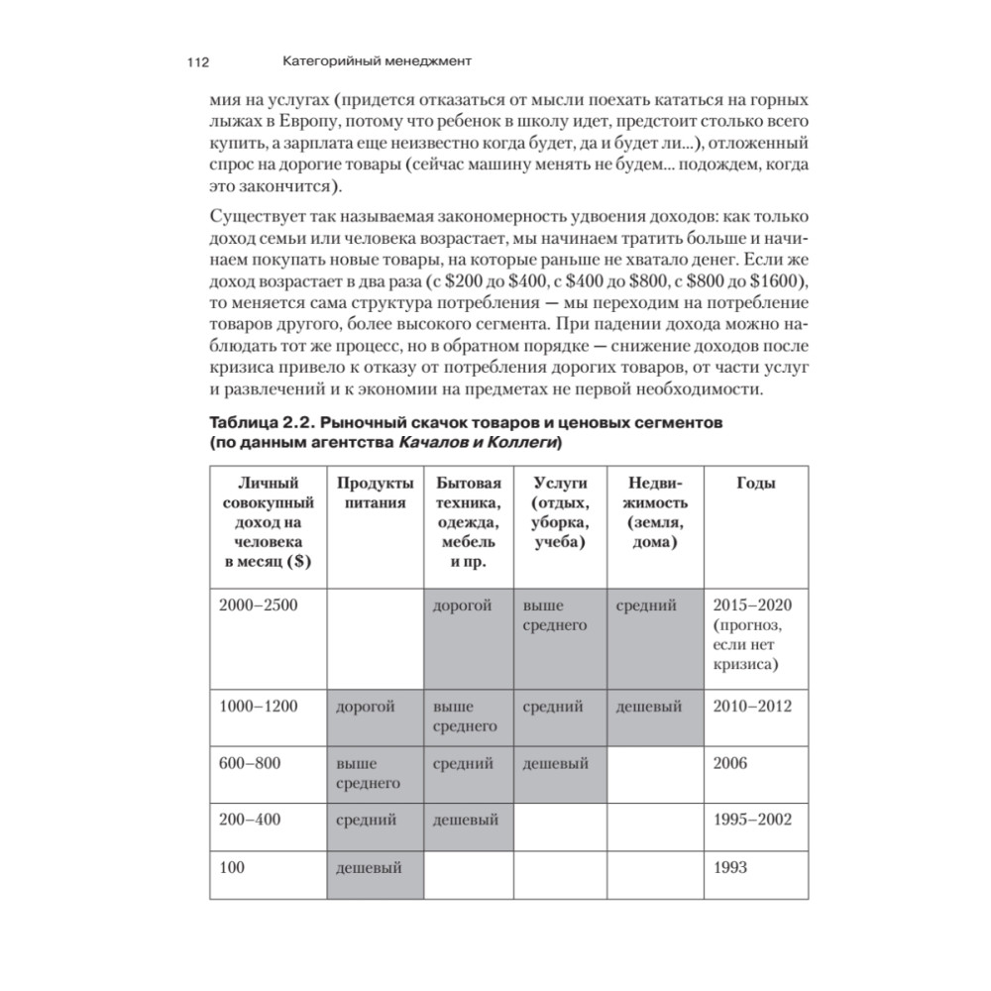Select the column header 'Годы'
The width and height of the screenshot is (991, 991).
click(755, 483)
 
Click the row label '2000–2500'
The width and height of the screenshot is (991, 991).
click(258, 606)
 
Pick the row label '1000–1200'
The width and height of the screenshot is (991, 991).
click(258, 707)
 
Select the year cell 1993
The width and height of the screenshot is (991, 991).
click(731, 868)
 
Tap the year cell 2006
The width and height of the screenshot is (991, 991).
click(731, 763)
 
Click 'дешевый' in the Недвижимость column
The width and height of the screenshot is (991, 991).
click(649, 707)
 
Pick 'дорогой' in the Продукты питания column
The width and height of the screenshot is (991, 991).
click(366, 707)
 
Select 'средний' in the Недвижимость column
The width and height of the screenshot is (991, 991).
click(646, 606)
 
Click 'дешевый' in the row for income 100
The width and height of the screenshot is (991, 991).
click(369, 868)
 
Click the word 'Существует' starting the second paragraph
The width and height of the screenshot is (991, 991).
click(253, 218)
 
